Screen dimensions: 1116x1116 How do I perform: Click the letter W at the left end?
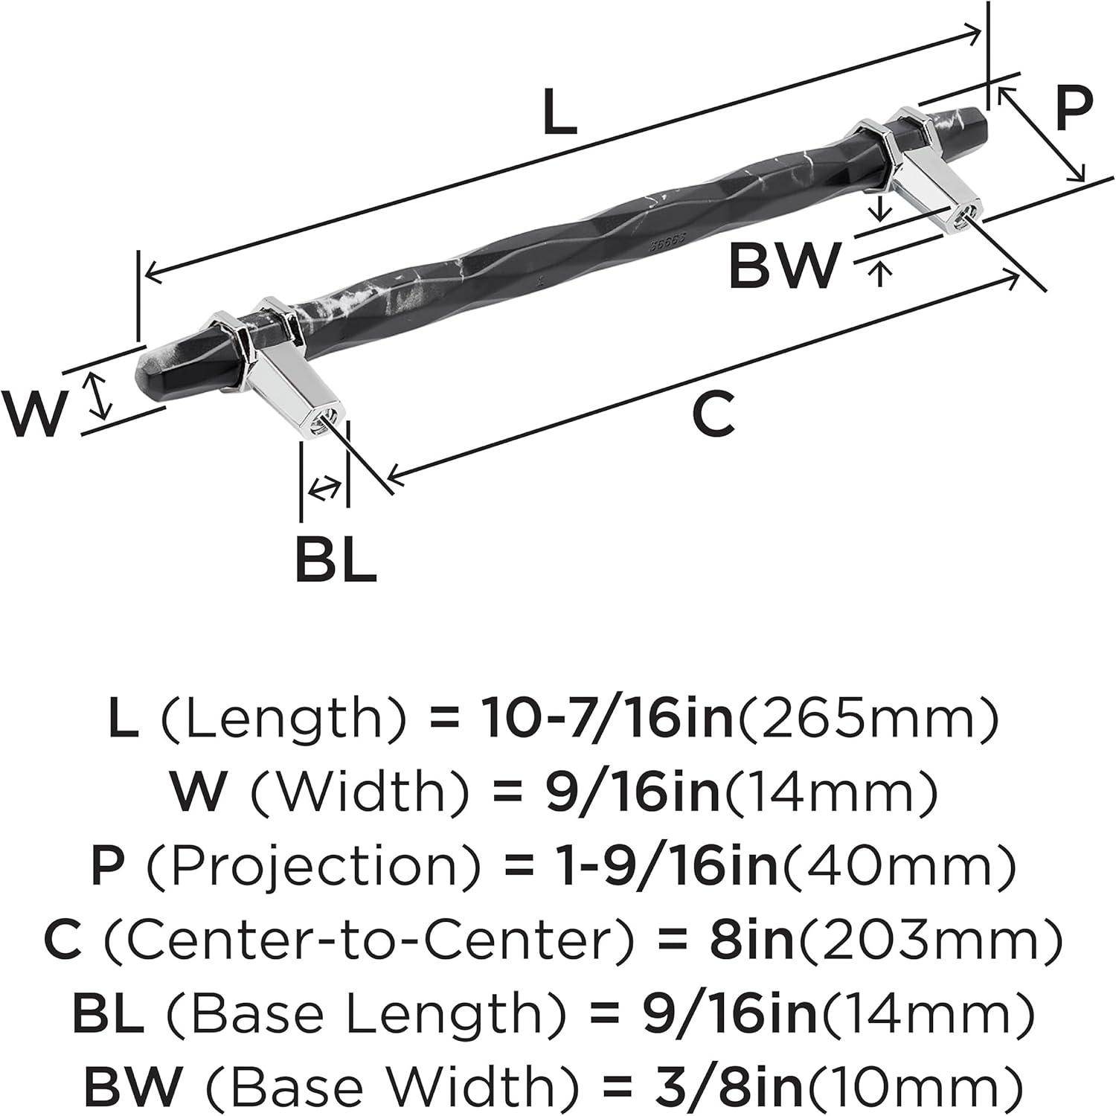tap(34, 413)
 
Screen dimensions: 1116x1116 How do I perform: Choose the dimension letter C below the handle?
tap(713, 414)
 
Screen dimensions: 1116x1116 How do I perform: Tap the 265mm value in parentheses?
tap(866, 719)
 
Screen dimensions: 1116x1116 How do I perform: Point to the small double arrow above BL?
tap(324, 488)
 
